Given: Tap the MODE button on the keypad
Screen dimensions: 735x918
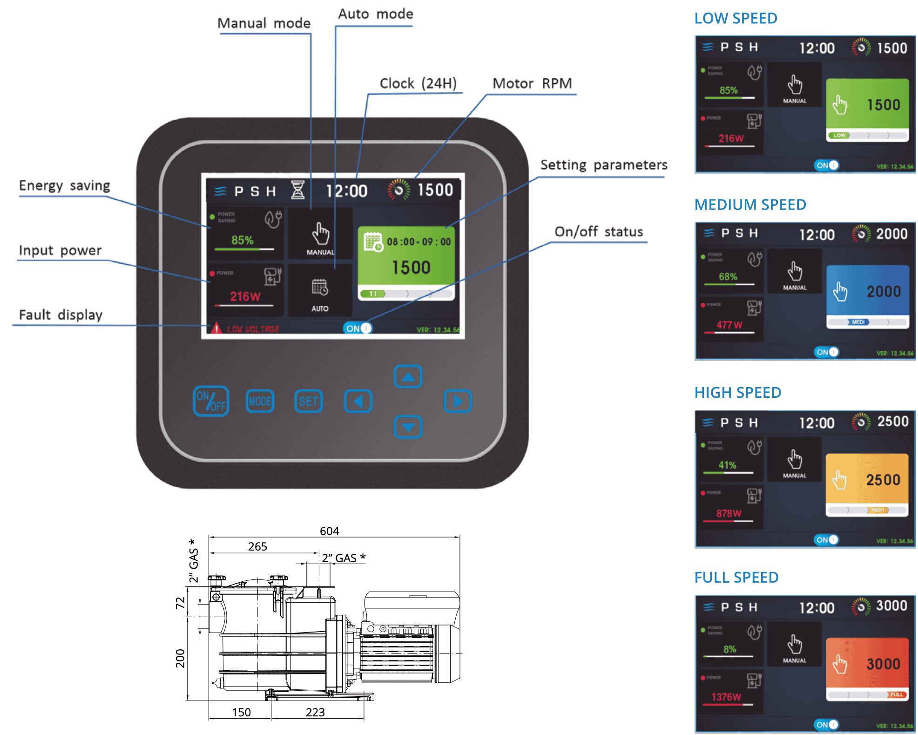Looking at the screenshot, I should [x=260, y=401].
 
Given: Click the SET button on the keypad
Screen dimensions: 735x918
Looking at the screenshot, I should [x=308, y=401].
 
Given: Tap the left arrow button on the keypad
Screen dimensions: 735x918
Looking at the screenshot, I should [x=358, y=401].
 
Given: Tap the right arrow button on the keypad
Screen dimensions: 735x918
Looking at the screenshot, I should [x=457, y=401].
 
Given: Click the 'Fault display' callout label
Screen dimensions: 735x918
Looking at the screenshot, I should [x=61, y=315].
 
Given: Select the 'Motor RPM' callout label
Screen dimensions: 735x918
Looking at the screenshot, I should [x=532, y=84].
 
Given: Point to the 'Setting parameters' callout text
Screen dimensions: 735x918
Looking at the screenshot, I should [x=603, y=165].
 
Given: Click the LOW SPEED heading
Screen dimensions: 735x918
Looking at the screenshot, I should [x=736, y=19].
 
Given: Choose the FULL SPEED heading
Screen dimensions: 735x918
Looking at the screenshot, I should [x=736, y=578].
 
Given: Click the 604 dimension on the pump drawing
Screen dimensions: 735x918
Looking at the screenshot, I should [x=329, y=531].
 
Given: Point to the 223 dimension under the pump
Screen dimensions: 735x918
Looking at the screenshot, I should [x=315, y=712].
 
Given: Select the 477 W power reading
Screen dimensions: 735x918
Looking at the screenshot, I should [x=729, y=325].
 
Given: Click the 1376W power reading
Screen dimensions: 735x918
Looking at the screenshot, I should [x=726, y=697].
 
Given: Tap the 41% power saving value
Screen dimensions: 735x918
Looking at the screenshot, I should [x=727, y=465].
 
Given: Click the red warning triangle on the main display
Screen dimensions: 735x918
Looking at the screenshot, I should [x=216, y=328].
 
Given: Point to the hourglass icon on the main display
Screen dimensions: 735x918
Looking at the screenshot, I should [x=297, y=190].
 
